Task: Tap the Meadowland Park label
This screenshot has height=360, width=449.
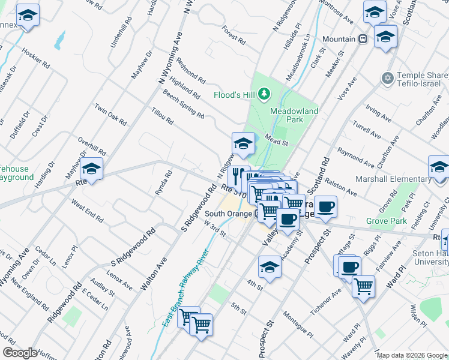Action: (294, 115)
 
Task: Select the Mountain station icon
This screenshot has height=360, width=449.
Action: (363, 39)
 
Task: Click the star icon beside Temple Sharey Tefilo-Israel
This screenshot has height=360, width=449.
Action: (387, 78)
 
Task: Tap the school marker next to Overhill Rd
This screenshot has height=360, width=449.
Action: (92, 169)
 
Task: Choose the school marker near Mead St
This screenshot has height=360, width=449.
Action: (243, 144)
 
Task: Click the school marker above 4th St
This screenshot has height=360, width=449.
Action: (270, 268)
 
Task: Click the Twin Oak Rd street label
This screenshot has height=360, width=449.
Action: (110, 114)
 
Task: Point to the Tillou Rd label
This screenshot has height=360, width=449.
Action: (162, 116)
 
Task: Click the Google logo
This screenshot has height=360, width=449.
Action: (20, 353)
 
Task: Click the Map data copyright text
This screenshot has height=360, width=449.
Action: (412, 355)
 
